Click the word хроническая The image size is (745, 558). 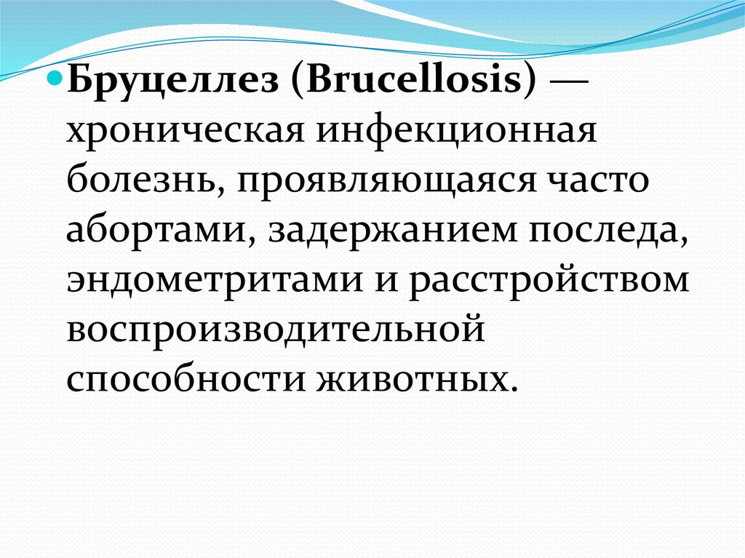186,132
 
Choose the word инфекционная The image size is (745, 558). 457,131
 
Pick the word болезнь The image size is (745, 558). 146,179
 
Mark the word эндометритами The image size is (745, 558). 215,279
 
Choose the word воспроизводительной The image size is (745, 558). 276,329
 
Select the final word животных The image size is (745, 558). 412,379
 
